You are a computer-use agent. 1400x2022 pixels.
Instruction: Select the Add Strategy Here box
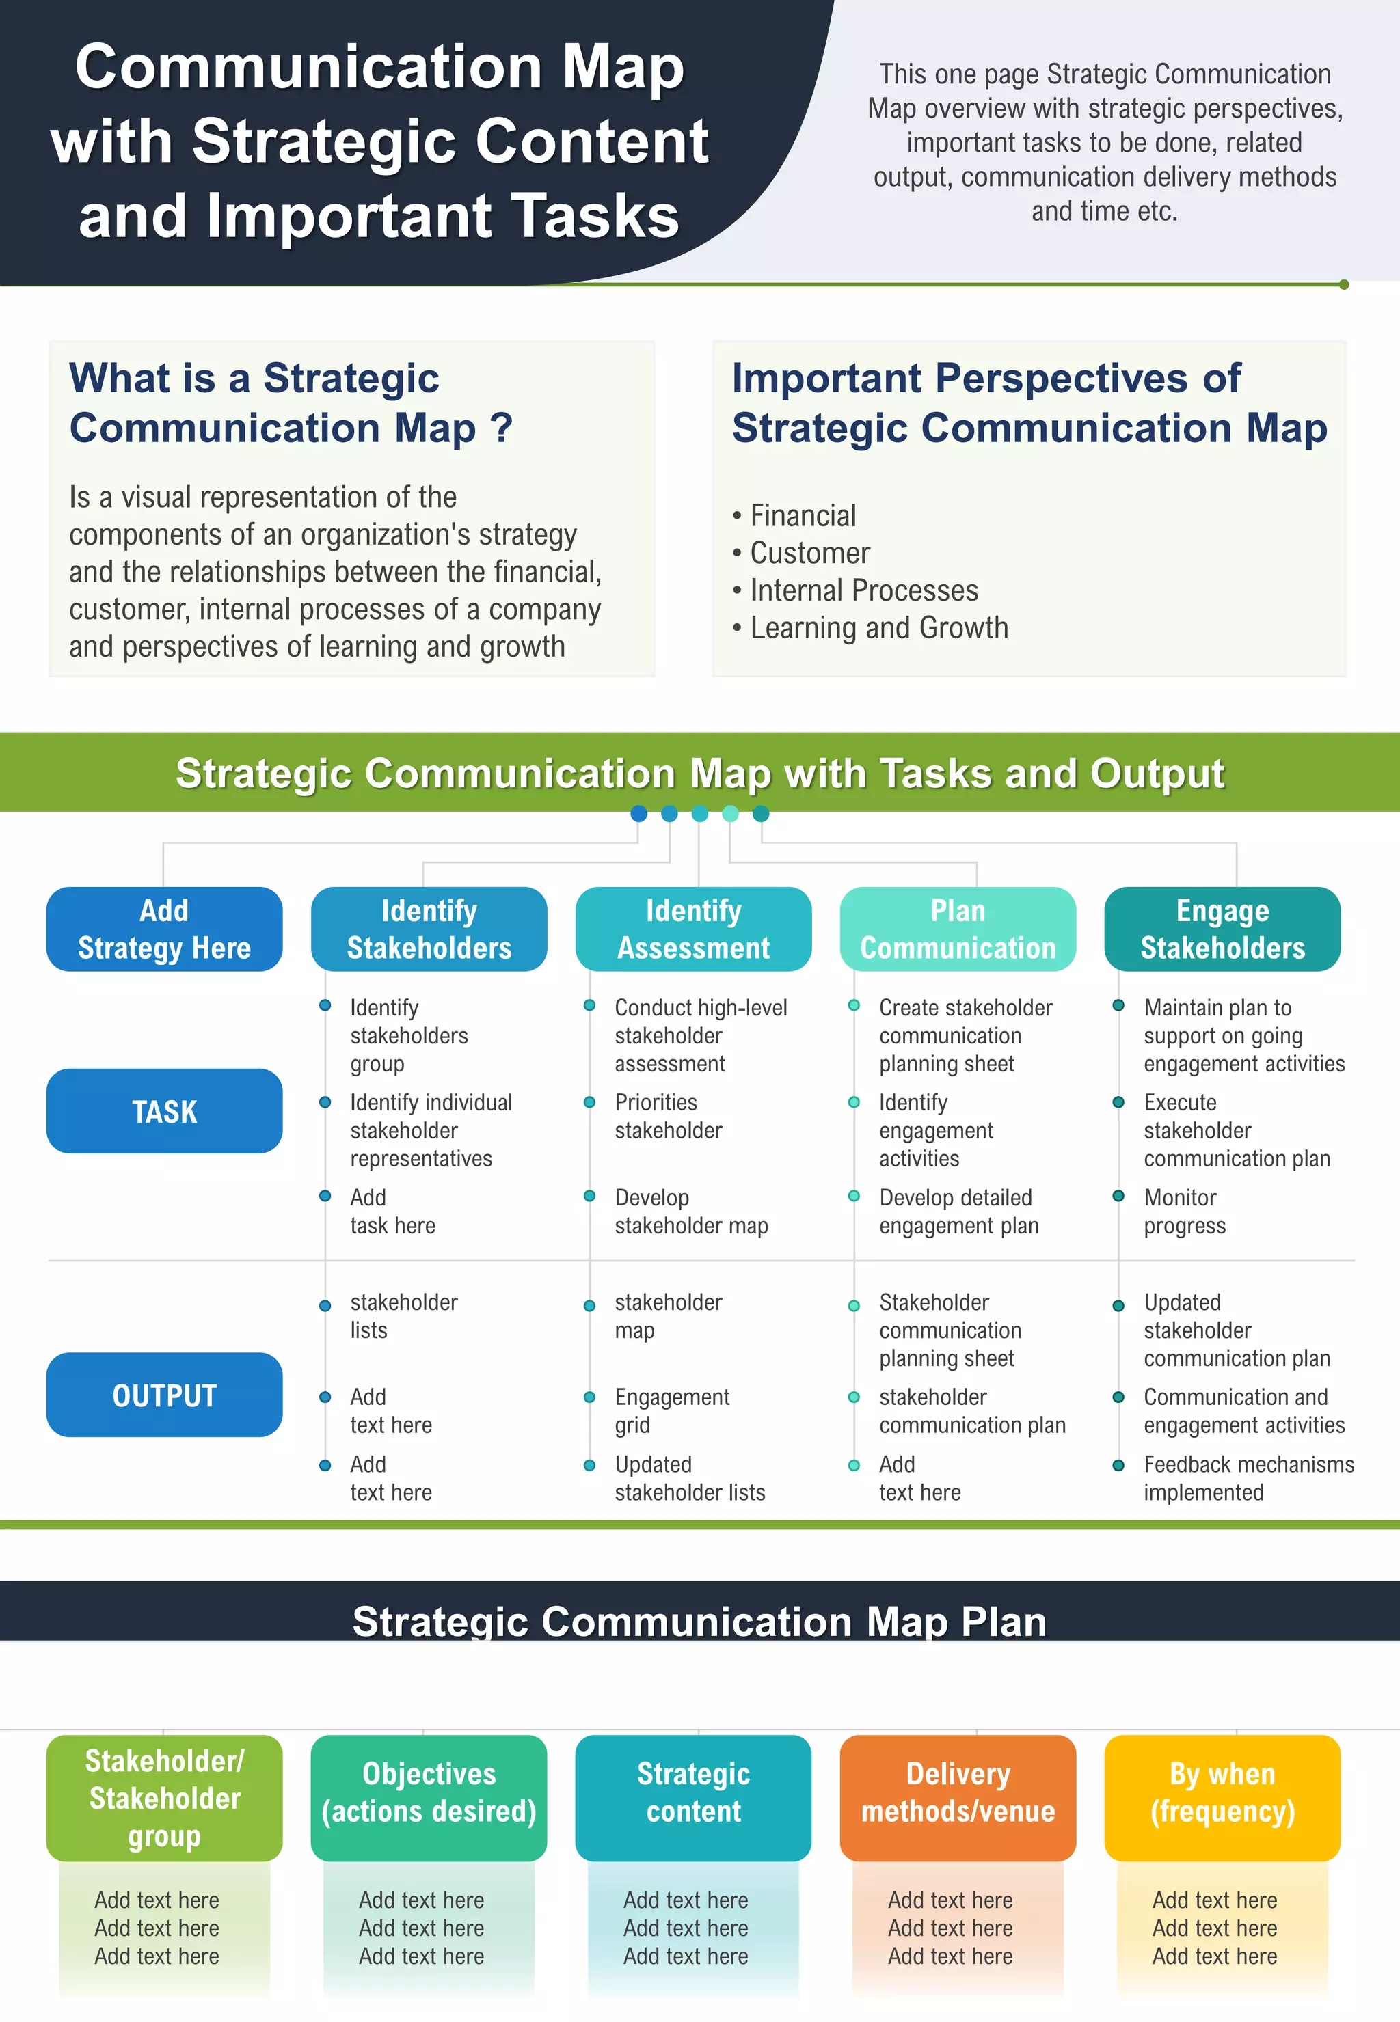coord(164,929)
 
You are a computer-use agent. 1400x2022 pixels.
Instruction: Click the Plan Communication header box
coord(957,929)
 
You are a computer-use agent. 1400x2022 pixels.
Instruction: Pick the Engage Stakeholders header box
coord(1222,929)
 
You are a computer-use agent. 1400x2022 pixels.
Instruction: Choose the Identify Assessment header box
coord(693,929)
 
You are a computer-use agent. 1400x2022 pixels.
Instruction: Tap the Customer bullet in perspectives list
coord(809,554)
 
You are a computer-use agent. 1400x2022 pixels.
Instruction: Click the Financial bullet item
coord(802,516)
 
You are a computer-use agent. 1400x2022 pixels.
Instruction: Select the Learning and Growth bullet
coord(878,628)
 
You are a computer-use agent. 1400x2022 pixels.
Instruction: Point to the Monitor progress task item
coord(1183,1211)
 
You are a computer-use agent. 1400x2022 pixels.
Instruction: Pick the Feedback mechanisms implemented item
coord(1248,1477)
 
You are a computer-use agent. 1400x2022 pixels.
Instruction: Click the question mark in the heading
coord(501,428)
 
